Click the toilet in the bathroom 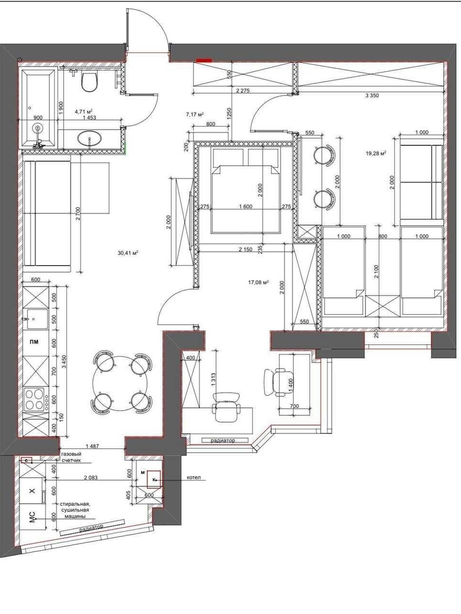coord(90,81)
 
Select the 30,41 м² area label coord(128,253)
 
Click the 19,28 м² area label coord(376,153)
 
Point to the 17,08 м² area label coord(258,282)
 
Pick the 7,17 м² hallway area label coord(194,114)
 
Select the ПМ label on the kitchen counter coord(35,342)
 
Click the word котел coord(194,477)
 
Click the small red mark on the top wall coord(204,60)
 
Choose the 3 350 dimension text coord(372,96)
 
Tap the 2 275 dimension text coord(243,91)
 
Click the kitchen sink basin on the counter coord(37,319)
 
